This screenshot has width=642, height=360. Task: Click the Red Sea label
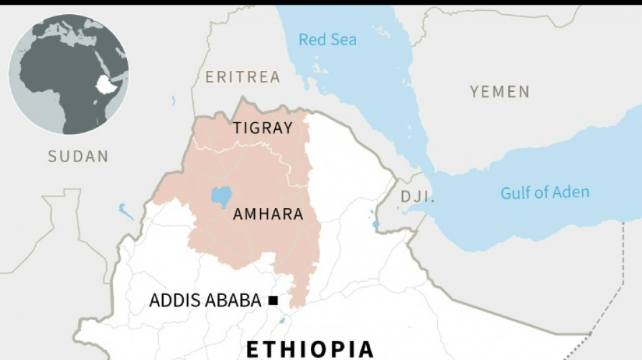tap(327, 40)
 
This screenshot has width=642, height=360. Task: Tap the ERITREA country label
tap(243, 77)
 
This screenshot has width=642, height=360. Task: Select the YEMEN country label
tap(499, 92)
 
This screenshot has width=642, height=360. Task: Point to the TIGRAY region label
tap(263, 128)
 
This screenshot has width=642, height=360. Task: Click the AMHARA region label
tap(267, 215)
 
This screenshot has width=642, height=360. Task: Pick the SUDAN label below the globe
tap(78, 157)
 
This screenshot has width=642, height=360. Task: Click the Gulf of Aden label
tap(545, 192)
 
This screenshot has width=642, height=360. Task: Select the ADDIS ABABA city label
tap(205, 301)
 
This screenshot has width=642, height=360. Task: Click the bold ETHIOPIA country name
tap(310, 349)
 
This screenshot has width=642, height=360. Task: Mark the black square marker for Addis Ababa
tap(273, 301)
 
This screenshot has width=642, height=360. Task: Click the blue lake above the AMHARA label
tap(220, 197)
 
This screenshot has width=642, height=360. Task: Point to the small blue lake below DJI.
tap(376, 224)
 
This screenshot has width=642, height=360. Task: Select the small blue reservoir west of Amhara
tap(126, 211)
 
